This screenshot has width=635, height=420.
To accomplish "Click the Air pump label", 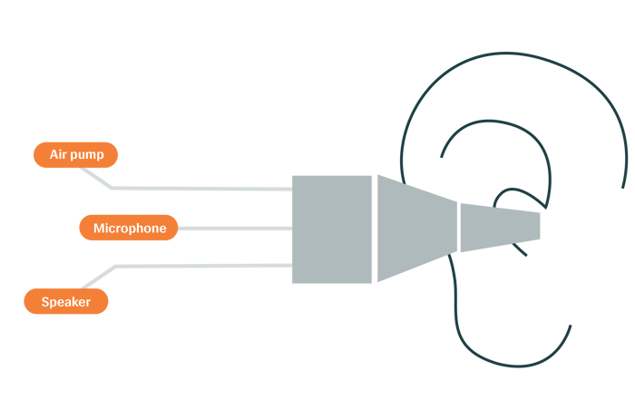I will [x=75, y=155].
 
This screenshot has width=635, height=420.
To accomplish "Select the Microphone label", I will [x=128, y=228].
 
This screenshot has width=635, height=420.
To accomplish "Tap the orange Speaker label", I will [x=66, y=302].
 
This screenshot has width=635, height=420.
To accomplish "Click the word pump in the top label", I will [x=89, y=155].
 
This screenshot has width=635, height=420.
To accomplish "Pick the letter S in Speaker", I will [x=45, y=302].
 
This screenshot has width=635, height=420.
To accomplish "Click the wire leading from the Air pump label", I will [x=200, y=189].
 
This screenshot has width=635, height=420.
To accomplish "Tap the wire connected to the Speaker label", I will [x=200, y=264].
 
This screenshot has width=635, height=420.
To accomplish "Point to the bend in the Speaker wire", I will [x=115, y=266].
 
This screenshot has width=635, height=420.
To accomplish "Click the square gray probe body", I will [x=332, y=229].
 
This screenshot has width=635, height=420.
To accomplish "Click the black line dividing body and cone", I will [x=376, y=229].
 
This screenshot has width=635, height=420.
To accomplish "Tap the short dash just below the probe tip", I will [x=521, y=249].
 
